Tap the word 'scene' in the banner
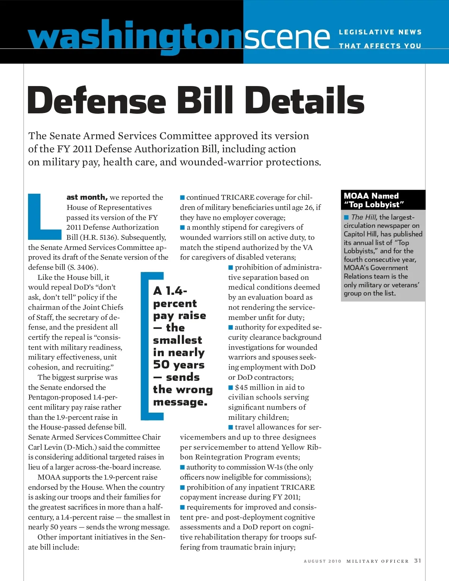click(287, 37)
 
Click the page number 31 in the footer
click(418, 560)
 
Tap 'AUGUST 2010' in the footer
click(323, 561)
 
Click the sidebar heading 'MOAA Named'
click(371, 196)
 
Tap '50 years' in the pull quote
click(179, 364)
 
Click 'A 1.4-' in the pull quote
click(170, 291)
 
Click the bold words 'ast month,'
click(87, 197)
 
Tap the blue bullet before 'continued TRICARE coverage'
click(183, 197)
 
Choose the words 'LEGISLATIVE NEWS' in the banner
click(380, 32)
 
